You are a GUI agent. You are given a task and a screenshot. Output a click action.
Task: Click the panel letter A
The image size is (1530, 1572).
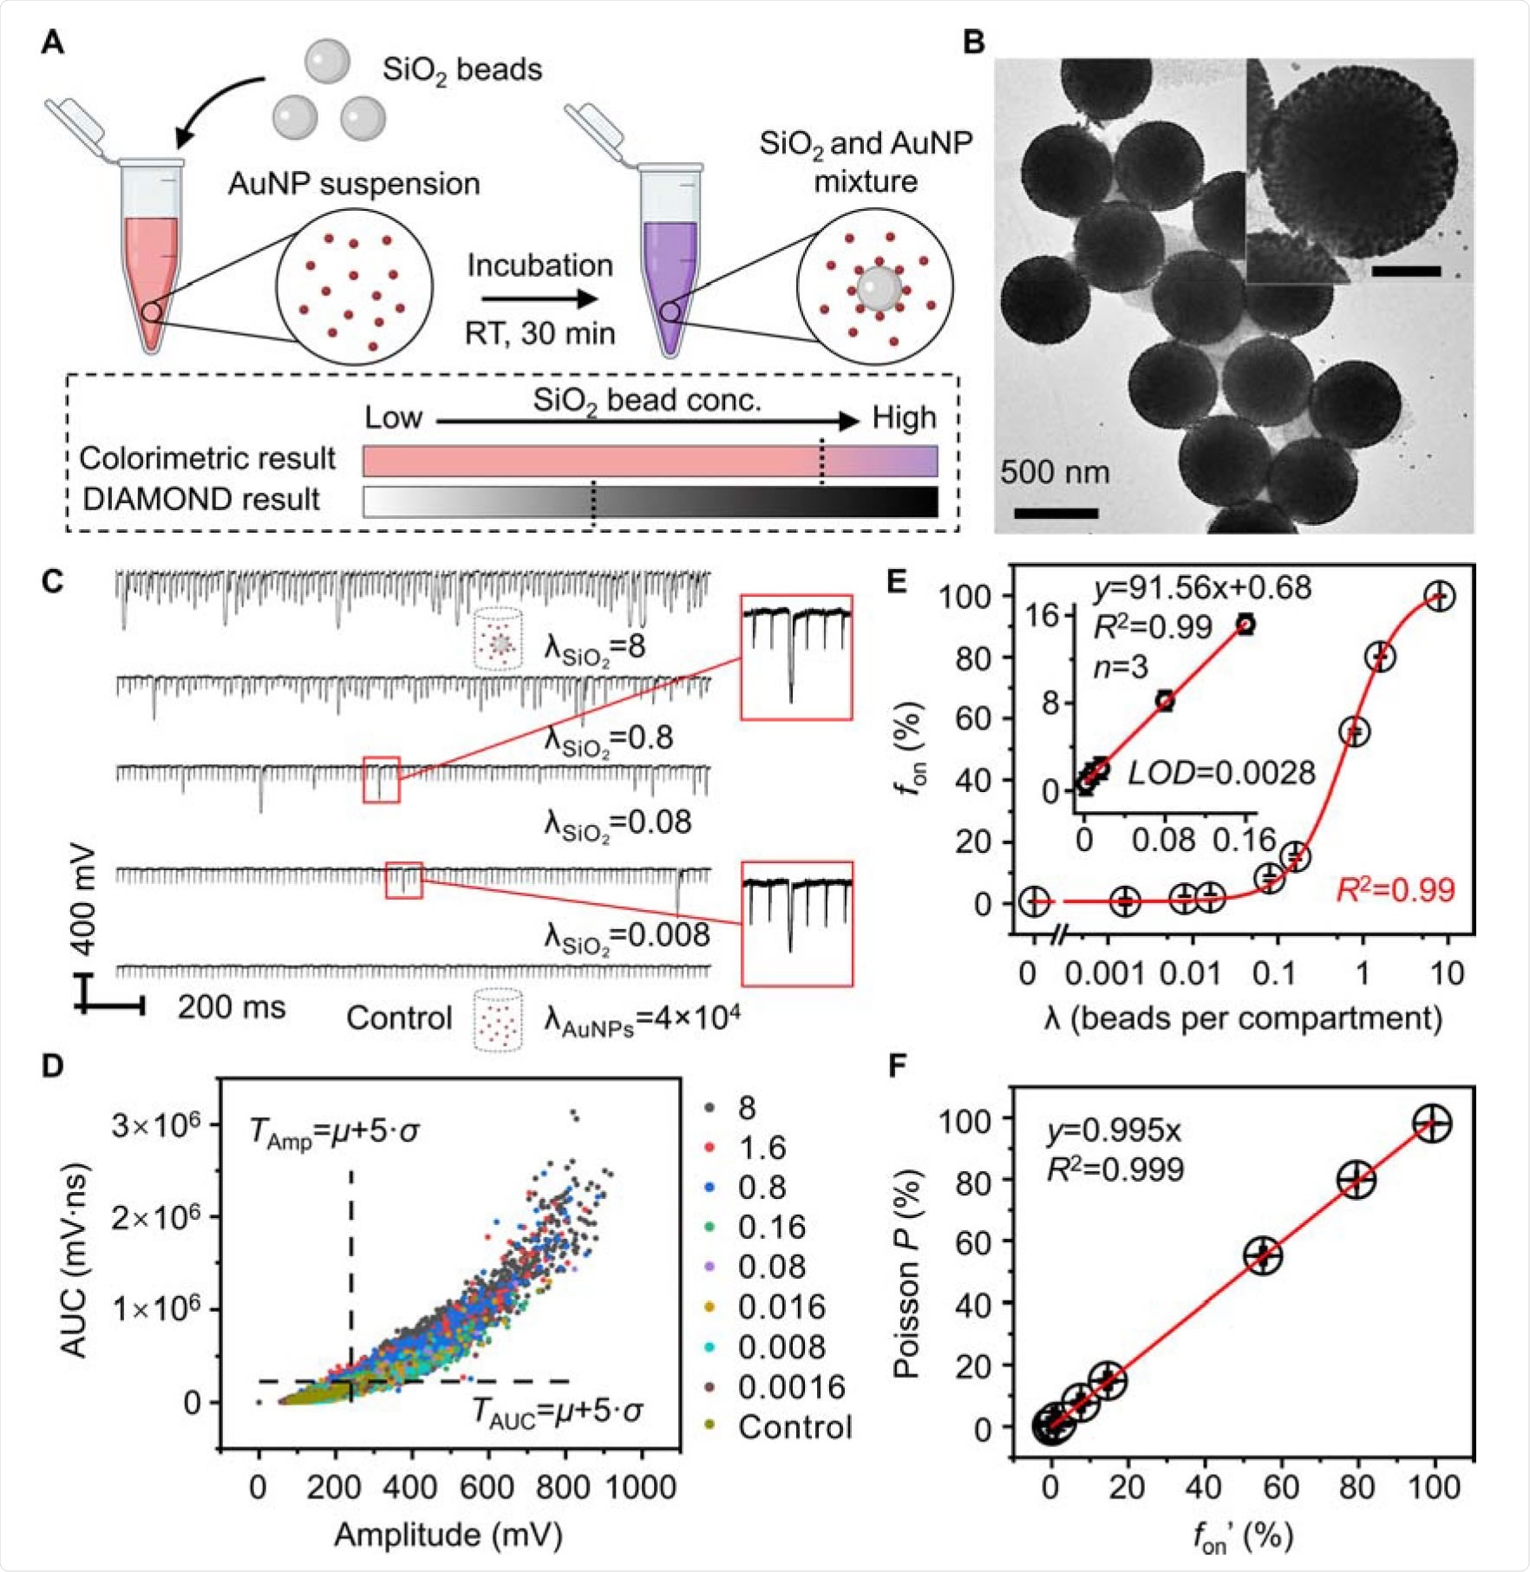point(53,43)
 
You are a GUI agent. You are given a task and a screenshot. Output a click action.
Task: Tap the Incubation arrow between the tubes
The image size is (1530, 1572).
point(539,299)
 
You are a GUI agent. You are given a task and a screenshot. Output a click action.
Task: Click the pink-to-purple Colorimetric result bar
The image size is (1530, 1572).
point(650,461)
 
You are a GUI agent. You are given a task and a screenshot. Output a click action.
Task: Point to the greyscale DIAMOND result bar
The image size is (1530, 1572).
point(650,501)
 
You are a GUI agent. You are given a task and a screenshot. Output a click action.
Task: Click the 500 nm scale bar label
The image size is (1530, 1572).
point(1055,472)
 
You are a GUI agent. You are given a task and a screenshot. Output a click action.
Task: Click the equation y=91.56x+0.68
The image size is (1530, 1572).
point(1202,588)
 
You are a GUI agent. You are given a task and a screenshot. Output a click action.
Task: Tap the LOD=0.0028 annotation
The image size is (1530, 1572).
point(1221,772)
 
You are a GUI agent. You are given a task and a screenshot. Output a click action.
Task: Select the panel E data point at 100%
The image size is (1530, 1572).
point(1440,596)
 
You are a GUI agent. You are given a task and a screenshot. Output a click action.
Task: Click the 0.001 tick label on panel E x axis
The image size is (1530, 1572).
point(1104,973)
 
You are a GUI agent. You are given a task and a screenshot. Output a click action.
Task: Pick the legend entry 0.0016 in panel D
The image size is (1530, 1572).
point(791,1387)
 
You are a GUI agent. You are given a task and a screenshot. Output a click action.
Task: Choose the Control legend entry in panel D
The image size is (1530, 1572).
point(794,1427)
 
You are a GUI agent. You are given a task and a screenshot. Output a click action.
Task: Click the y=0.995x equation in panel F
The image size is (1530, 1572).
point(1114,1130)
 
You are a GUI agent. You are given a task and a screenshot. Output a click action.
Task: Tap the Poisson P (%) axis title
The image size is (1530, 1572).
point(906,1276)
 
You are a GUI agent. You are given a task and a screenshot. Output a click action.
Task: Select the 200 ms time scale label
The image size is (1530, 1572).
point(232,1006)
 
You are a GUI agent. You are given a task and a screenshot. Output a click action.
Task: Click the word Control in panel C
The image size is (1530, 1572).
point(399,1018)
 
